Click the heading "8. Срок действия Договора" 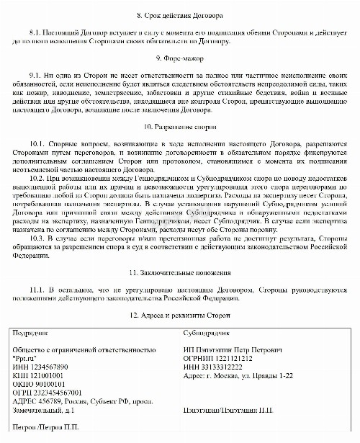[180, 15]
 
